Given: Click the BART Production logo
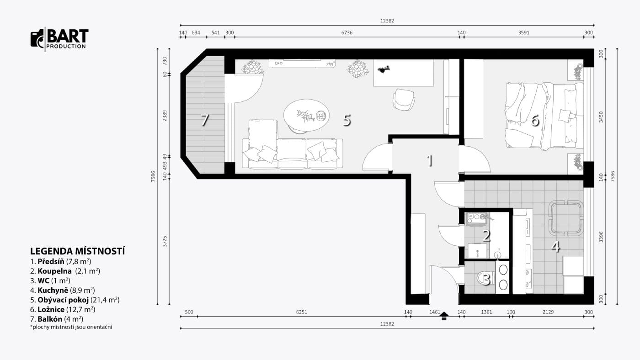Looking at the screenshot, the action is (59, 39).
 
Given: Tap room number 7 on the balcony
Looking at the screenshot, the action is (205, 120).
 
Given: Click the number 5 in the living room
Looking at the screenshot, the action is (347, 120).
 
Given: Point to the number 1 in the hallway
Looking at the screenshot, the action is (430, 160).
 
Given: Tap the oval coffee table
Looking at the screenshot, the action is (306, 116).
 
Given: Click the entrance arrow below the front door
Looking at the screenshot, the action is (444, 316).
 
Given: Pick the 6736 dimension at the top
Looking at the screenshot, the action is (347, 32).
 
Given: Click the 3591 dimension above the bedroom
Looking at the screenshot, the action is (524, 32).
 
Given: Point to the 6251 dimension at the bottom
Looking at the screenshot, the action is (301, 312).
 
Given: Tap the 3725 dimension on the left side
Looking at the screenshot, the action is (165, 242).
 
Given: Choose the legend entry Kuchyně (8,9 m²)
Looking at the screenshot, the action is (62, 291).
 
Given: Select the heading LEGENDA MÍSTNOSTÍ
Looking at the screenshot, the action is (77, 251).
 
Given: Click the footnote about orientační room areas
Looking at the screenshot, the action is (71, 327).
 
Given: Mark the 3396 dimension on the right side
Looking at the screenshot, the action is (601, 237).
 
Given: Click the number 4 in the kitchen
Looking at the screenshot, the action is (555, 247).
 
